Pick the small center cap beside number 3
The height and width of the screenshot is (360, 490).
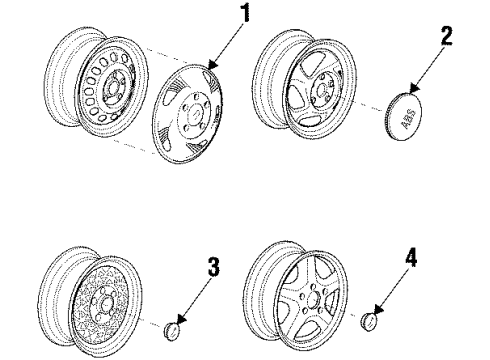coord(173,331)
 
